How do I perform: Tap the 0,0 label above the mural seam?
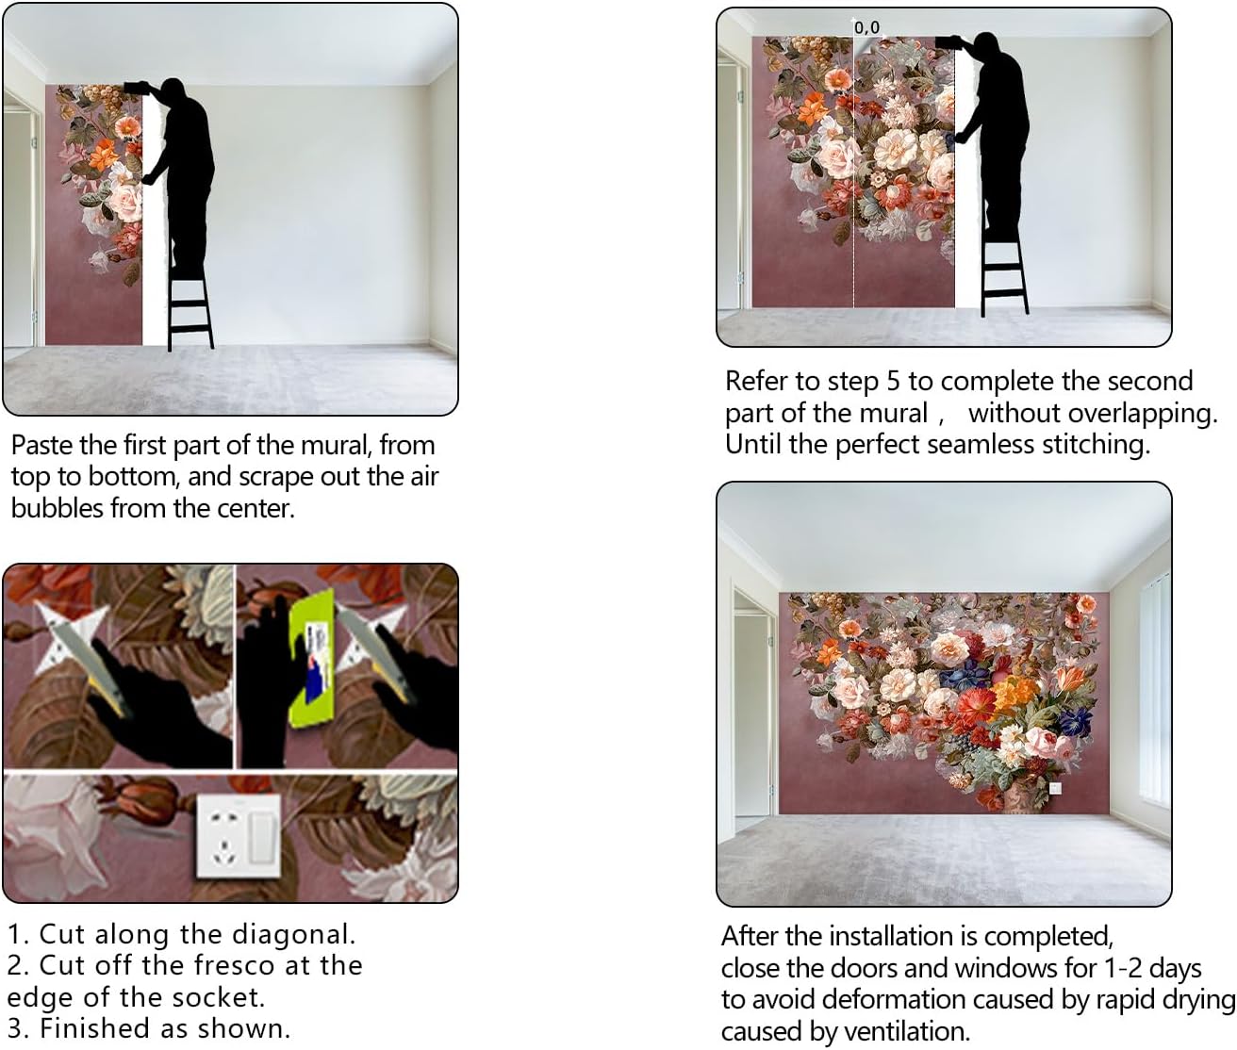867,27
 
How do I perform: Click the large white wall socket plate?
239,835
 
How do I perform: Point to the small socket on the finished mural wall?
1054,788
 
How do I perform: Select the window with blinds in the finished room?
1154,694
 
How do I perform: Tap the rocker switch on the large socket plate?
261,835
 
